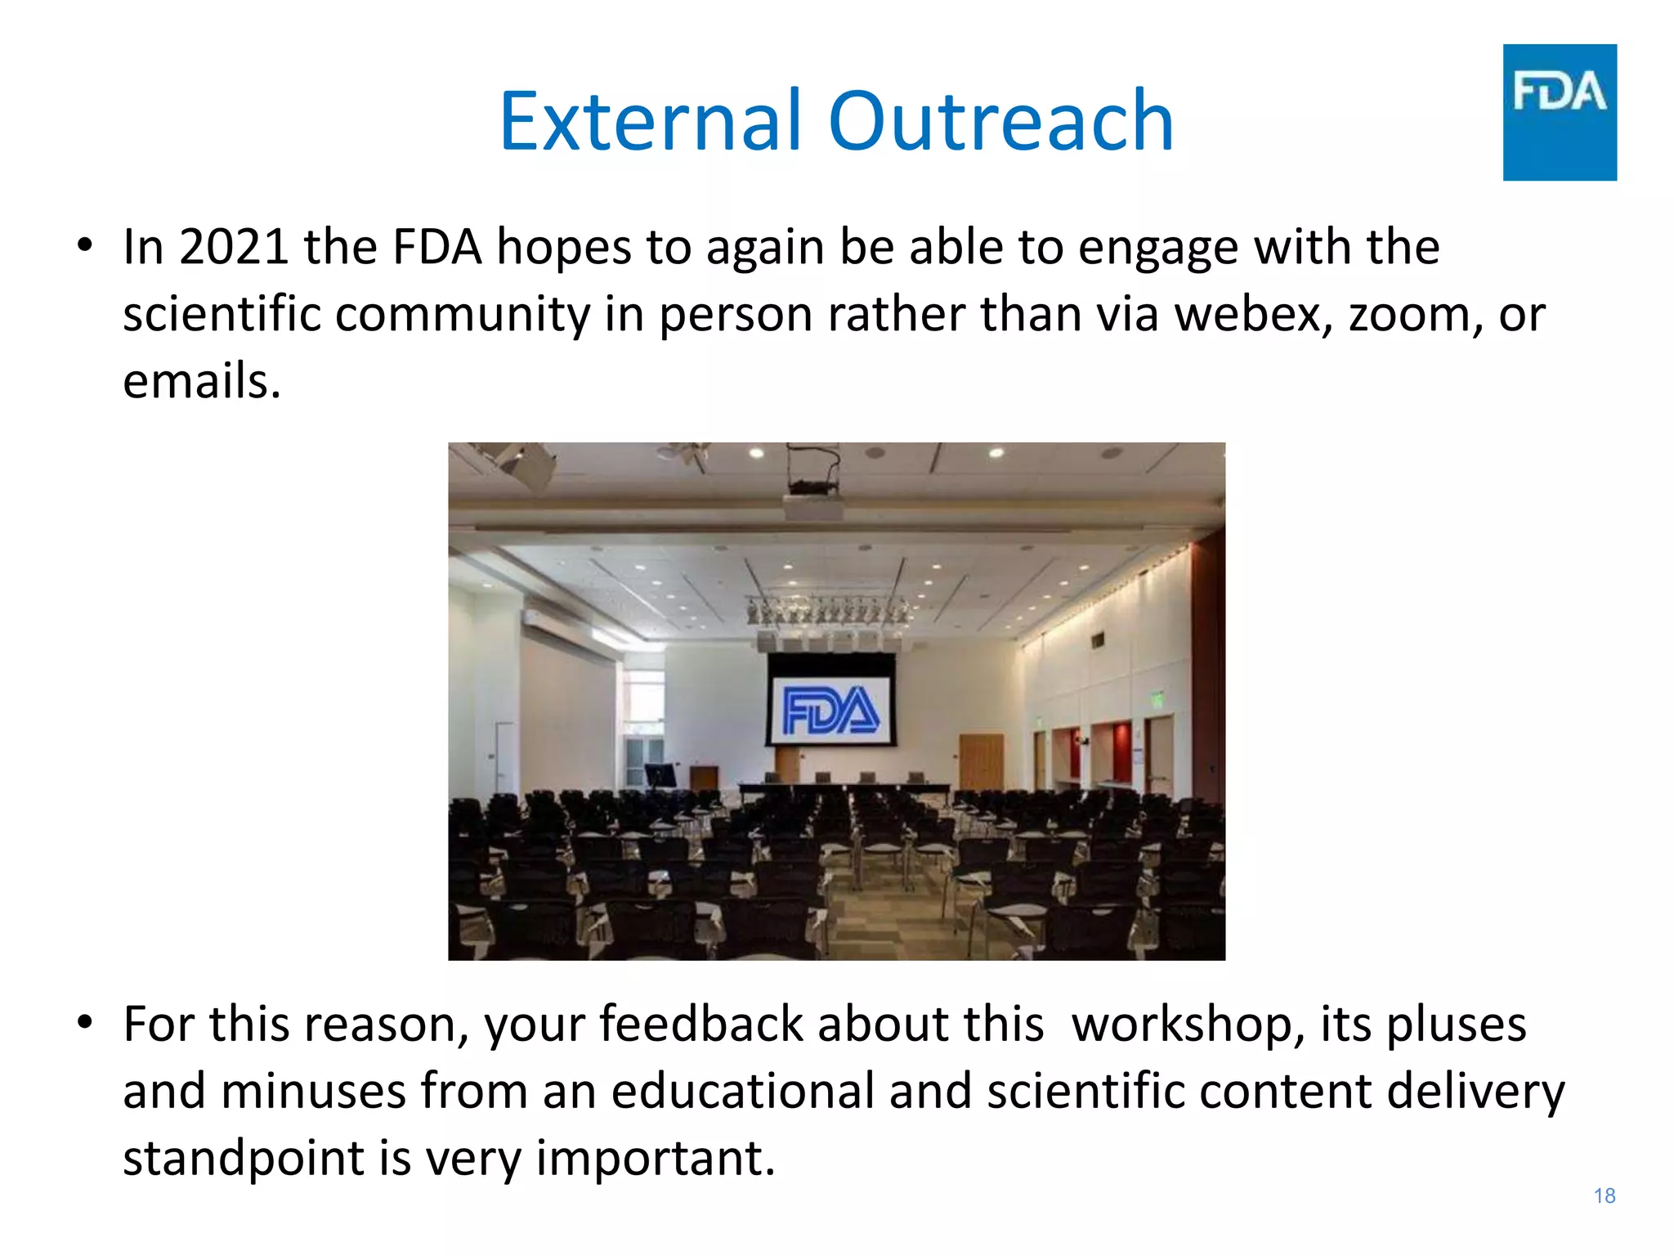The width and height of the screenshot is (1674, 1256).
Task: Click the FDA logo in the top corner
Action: (1559, 112)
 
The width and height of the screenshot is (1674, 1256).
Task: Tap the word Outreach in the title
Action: (1000, 122)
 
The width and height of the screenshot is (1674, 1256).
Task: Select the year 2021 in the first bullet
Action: (234, 247)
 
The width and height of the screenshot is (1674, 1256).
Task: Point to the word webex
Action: (1255, 314)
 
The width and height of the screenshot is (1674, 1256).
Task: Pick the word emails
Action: (201, 382)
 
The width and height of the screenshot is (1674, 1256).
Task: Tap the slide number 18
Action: (1604, 1195)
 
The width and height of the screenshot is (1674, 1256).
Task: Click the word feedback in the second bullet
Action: (701, 1025)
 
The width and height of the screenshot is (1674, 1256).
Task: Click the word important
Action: (655, 1159)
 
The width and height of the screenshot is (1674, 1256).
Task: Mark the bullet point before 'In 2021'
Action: (85, 245)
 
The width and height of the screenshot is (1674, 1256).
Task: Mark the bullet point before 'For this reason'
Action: (85, 1023)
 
